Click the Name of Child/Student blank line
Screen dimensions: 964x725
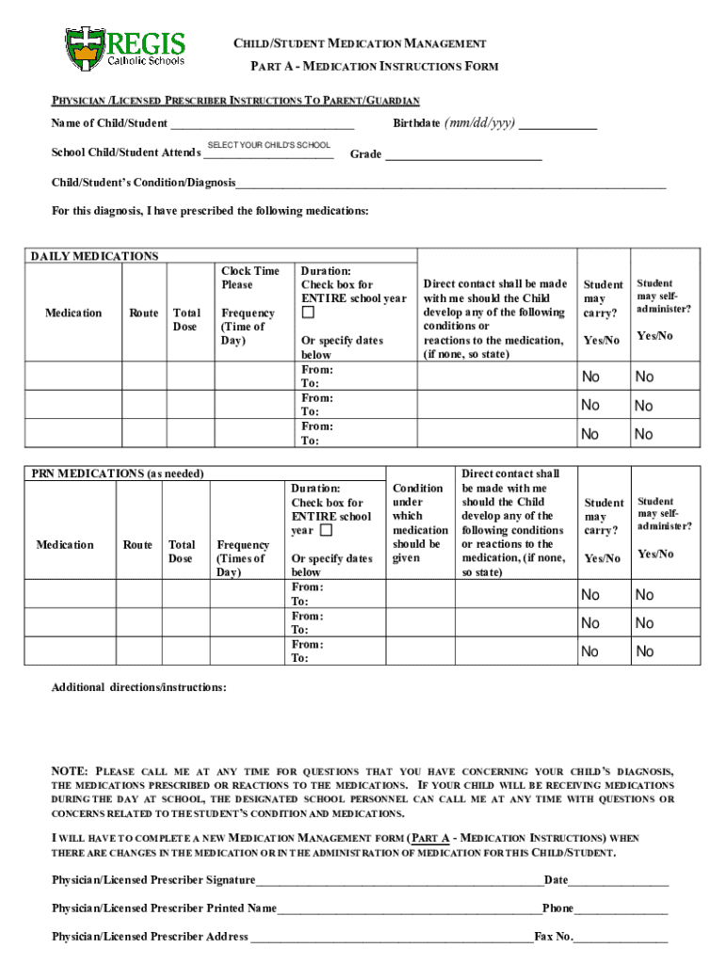pos(263,124)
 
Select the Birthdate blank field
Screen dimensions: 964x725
pos(557,124)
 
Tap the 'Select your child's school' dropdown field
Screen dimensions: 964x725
pos(268,153)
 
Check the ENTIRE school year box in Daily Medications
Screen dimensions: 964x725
pos(308,313)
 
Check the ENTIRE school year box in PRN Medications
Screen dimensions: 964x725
pos(326,530)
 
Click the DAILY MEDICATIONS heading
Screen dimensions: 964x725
pos(95,256)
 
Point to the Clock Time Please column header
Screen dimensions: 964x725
pos(250,278)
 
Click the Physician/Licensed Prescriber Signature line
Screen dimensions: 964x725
pos(399,881)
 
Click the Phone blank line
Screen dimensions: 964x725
pos(620,909)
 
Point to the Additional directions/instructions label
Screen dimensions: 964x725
pos(138,688)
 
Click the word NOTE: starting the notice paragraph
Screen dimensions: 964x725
pos(70,771)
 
